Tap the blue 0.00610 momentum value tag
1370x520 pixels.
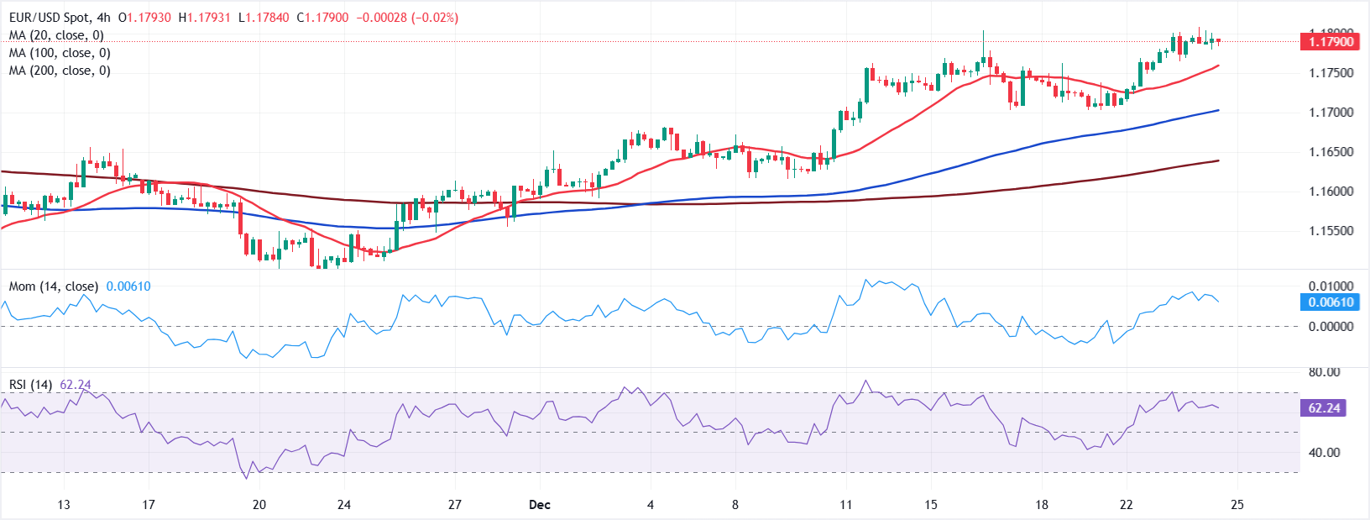tap(1331, 302)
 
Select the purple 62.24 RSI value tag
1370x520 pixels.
tap(1324, 408)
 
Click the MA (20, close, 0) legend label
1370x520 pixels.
tap(56, 35)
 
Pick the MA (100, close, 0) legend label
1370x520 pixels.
tap(60, 53)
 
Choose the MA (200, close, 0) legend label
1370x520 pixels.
tap(60, 71)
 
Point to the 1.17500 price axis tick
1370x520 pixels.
tap(1331, 73)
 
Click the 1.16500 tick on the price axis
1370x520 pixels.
tap(1331, 152)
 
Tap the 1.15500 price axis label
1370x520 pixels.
tap(1331, 231)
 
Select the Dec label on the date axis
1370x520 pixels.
tap(540, 505)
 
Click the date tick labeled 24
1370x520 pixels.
tap(344, 505)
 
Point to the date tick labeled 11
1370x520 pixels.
tap(845, 505)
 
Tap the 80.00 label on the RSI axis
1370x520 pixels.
tap(1324, 372)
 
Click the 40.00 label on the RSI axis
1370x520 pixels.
tap(1324, 453)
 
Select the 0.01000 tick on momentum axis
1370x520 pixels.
tap(1331, 286)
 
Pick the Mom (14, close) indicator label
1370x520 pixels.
tap(53, 286)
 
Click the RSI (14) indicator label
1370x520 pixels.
tap(30, 385)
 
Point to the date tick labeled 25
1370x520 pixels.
tap(1237, 505)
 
